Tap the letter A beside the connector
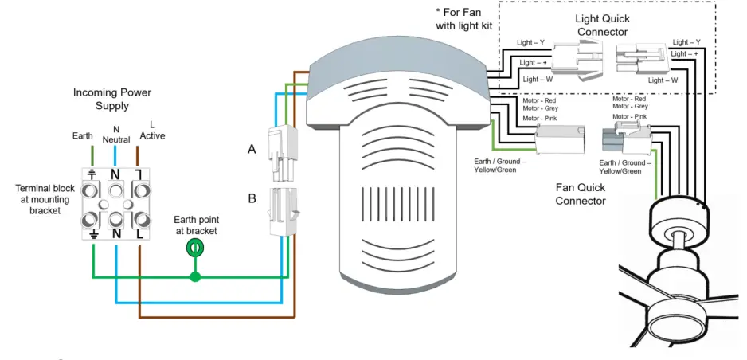point(252,149)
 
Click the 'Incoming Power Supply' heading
point(112,99)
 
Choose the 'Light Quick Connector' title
point(602,25)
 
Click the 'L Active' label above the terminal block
point(152,130)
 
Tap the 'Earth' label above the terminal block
point(83,135)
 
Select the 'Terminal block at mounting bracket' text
point(45,199)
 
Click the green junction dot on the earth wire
point(194,277)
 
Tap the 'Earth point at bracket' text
point(197,225)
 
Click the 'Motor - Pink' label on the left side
point(539,119)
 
